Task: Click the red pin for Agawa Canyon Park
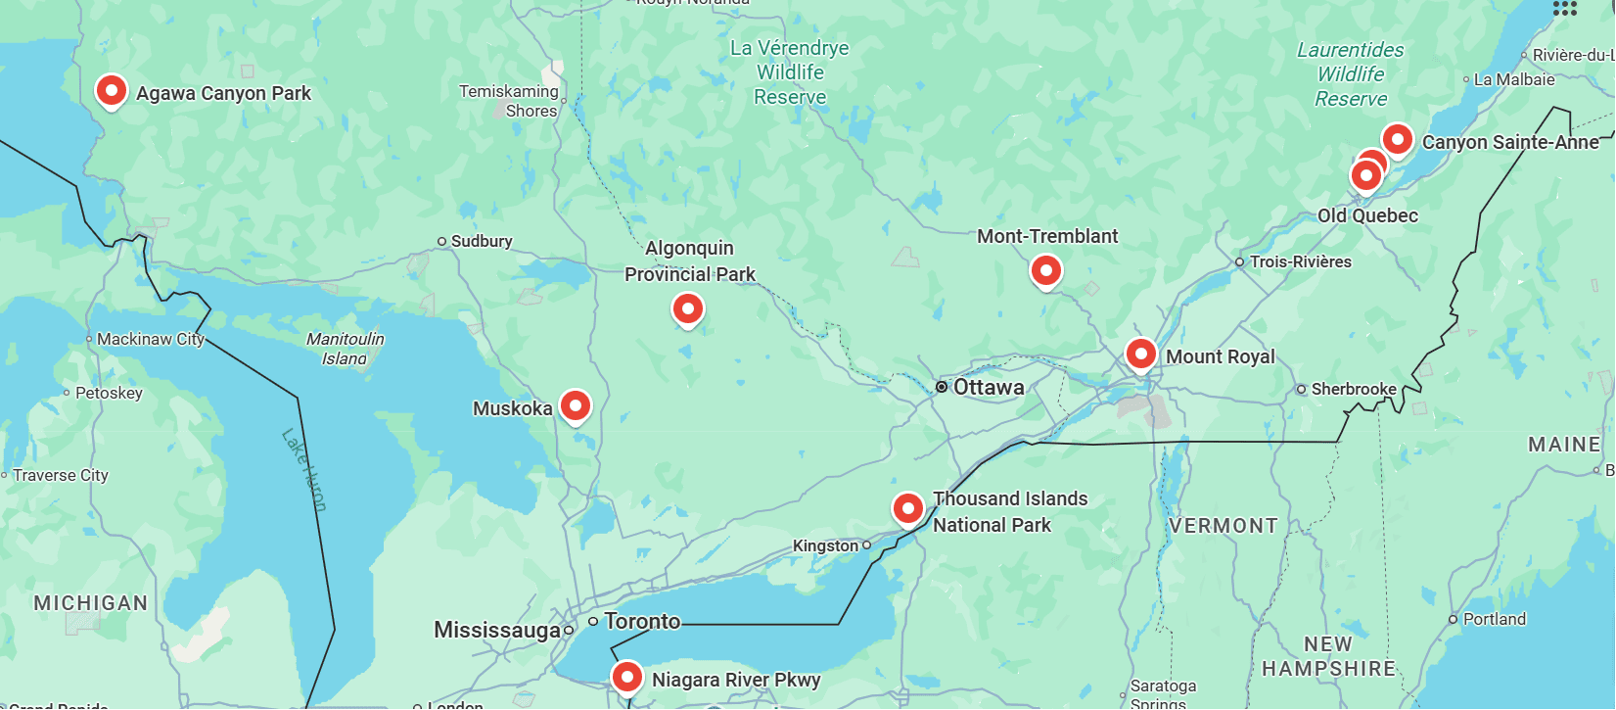(112, 91)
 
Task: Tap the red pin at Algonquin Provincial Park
(688, 309)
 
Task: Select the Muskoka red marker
(576, 405)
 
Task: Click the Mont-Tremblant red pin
(1046, 270)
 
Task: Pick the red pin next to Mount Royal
(1140, 354)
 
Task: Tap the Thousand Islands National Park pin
(908, 508)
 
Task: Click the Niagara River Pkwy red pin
(627, 677)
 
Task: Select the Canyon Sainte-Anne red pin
(1397, 139)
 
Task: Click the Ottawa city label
(989, 387)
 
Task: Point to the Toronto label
(642, 621)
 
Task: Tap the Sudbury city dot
(441, 241)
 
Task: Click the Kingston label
(825, 545)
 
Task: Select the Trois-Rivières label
(1300, 261)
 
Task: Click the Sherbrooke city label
(1354, 389)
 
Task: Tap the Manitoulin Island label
(346, 349)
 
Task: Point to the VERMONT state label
(1224, 526)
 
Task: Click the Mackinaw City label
(150, 339)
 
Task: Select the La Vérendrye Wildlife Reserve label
(790, 72)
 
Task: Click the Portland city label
(1494, 619)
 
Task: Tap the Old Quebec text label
(1367, 215)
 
